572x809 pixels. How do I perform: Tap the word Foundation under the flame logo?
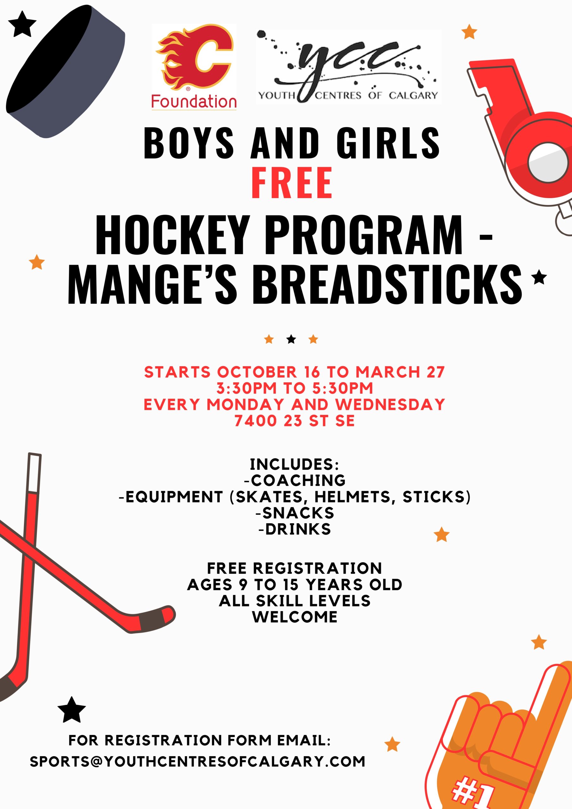pyautogui.click(x=194, y=102)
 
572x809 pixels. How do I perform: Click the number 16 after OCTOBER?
pyautogui.click(x=312, y=372)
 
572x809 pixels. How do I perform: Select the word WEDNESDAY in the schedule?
pyautogui.click(x=390, y=404)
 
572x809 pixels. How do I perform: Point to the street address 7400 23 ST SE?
pyautogui.click(x=295, y=420)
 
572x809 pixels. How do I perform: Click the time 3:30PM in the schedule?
pyautogui.click(x=247, y=388)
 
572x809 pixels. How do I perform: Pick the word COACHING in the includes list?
pyautogui.click(x=298, y=480)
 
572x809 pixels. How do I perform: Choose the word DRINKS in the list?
pyautogui.click(x=298, y=529)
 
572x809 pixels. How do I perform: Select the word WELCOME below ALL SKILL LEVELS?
pyautogui.click(x=295, y=617)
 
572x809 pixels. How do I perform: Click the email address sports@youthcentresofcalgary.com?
pyautogui.click(x=198, y=761)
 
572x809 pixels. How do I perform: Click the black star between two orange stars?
pyautogui.click(x=291, y=339)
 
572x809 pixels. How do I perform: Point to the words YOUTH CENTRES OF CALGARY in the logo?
pyautogui.click(x=348, y=95)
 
